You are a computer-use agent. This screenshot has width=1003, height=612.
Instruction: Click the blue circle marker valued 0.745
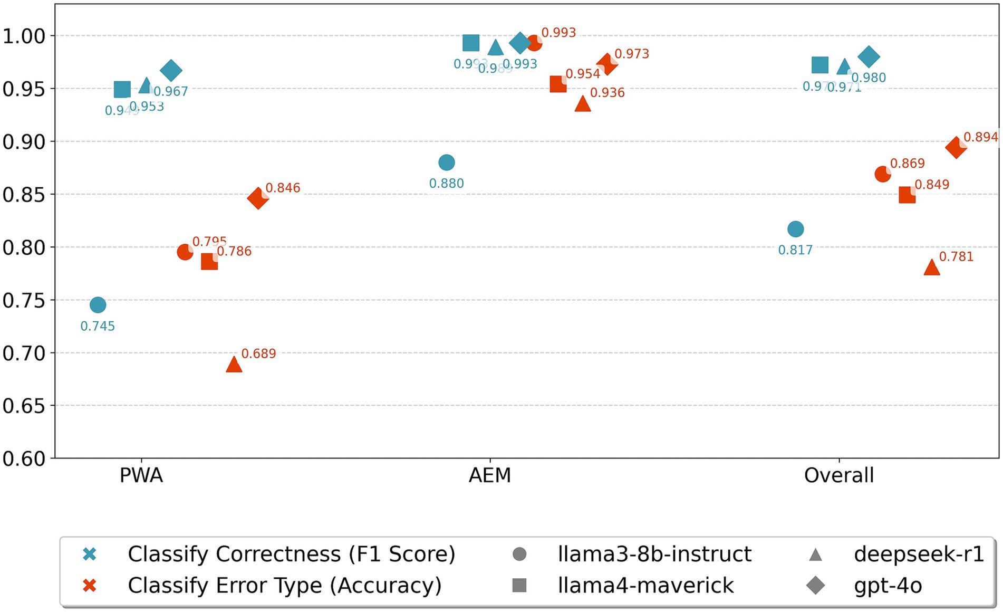point(98,304)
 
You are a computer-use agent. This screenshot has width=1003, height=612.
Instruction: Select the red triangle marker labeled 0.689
point(234,365)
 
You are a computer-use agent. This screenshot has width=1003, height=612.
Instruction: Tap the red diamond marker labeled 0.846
point(257,198)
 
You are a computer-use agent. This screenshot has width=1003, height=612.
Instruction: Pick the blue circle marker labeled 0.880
point(446,162)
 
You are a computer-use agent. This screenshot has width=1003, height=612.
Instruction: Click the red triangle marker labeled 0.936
point(582,104)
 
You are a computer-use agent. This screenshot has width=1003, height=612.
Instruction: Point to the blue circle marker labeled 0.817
point(795,229)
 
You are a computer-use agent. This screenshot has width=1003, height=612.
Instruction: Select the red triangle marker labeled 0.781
point(931,268)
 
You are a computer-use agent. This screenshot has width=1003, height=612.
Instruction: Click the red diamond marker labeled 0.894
point(956,148)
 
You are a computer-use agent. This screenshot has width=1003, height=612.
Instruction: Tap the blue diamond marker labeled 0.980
point(869,56)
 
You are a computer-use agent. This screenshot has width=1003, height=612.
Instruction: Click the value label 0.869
point(907,164)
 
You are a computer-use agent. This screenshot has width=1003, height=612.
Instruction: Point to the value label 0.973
point(631,54)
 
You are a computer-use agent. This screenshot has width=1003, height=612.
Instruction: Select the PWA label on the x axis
point(141,475)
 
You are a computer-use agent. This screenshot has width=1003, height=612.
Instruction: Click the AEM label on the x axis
point(490,475)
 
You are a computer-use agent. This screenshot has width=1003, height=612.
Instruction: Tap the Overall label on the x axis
point(838,475)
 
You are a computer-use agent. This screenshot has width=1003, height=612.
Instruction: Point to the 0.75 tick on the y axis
point(24,300)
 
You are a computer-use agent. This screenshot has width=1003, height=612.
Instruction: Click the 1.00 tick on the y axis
point(24,36)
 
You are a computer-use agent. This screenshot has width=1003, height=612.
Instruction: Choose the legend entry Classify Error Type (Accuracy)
point(284,585)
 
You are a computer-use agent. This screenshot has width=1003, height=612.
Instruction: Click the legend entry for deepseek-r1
point(919,554)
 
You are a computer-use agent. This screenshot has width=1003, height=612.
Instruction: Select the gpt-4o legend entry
point(888,585)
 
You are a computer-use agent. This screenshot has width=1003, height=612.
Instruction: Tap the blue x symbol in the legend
point(90,554)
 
